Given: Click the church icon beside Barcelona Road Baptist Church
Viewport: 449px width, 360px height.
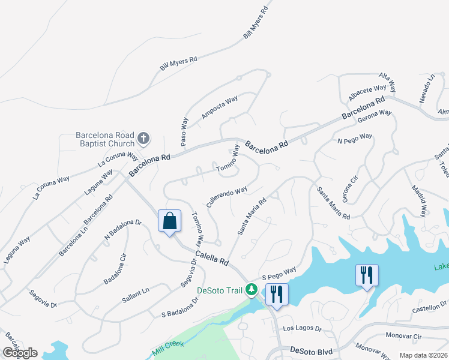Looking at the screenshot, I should click(143, 139).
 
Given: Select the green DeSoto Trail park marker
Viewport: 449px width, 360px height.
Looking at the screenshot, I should click(253, 290).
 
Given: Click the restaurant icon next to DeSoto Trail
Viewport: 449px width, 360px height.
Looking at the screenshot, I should click(276, 294).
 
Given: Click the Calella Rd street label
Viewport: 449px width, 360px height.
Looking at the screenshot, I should click(212, 259).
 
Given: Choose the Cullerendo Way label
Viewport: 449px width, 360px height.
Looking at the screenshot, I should click(227, 197).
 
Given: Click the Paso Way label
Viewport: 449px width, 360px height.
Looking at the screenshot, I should click(184, 130).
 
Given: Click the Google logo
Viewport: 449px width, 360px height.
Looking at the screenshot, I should click(20, 353).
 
